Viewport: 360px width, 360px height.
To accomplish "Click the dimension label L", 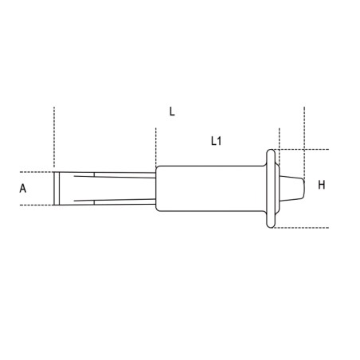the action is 172,112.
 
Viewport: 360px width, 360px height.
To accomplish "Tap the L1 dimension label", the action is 217,141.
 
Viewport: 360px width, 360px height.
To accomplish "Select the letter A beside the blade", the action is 23,188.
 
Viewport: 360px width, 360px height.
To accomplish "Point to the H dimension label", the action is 322,185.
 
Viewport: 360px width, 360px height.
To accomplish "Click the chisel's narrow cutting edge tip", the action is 57,189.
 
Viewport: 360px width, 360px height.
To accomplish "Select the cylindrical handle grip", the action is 210,189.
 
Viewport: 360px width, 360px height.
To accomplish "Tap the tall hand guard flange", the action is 271,189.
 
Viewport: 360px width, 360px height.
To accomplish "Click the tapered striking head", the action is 292,189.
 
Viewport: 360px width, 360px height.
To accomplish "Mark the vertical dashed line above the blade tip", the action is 54,137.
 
